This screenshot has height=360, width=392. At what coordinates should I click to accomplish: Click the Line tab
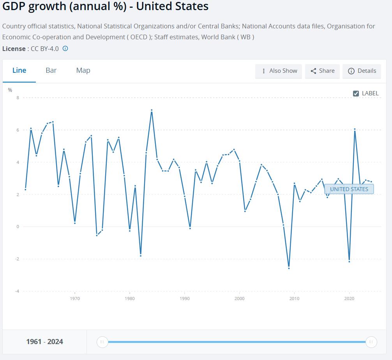19,70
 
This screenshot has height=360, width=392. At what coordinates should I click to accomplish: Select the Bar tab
51,70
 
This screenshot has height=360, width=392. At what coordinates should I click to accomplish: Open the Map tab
83,70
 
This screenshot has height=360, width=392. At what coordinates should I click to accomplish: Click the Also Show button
279,71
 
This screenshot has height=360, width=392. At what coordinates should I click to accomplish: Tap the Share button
323,71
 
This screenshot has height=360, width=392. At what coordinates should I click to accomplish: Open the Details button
362,71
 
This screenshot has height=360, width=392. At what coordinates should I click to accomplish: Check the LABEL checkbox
356,93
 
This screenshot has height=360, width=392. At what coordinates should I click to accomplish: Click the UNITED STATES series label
349,189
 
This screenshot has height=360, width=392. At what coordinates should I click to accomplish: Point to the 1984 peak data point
152,110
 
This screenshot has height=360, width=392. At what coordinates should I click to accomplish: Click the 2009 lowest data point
289,268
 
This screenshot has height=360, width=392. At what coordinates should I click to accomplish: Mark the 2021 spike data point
355,129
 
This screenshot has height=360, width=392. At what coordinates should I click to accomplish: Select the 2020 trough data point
349,262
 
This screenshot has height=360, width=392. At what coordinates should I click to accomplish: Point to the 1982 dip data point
141,256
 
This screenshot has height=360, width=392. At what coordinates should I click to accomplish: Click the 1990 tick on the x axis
185,299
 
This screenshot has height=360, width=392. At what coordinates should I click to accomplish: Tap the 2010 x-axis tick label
294,299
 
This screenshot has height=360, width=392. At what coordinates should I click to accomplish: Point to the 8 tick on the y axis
18,98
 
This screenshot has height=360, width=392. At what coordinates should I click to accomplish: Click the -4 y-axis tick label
17,291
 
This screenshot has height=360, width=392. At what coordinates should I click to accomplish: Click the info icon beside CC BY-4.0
65,49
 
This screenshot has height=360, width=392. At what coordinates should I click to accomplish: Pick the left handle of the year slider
102,342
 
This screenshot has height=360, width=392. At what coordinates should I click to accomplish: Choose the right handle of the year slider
371,342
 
